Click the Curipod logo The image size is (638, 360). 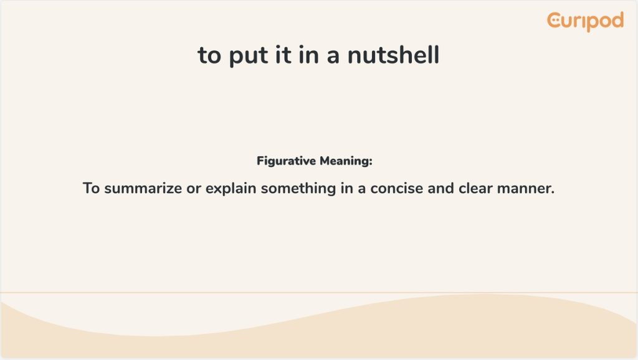point(585,21)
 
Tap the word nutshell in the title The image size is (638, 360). point(394,55)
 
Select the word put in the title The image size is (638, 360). point(248,57)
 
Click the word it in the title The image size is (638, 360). point(283,55)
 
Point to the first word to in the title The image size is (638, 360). point(209,55)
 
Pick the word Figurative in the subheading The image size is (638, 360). point(286,161)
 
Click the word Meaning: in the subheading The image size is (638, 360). point(346,161)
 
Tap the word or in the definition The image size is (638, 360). point(194,189)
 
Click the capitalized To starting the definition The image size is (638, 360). point(91,188)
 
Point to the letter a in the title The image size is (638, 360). point(333,57)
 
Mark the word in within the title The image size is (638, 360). point(309,55)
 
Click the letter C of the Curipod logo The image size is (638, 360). point(554,21)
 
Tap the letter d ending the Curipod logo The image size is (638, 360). point(617,20)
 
